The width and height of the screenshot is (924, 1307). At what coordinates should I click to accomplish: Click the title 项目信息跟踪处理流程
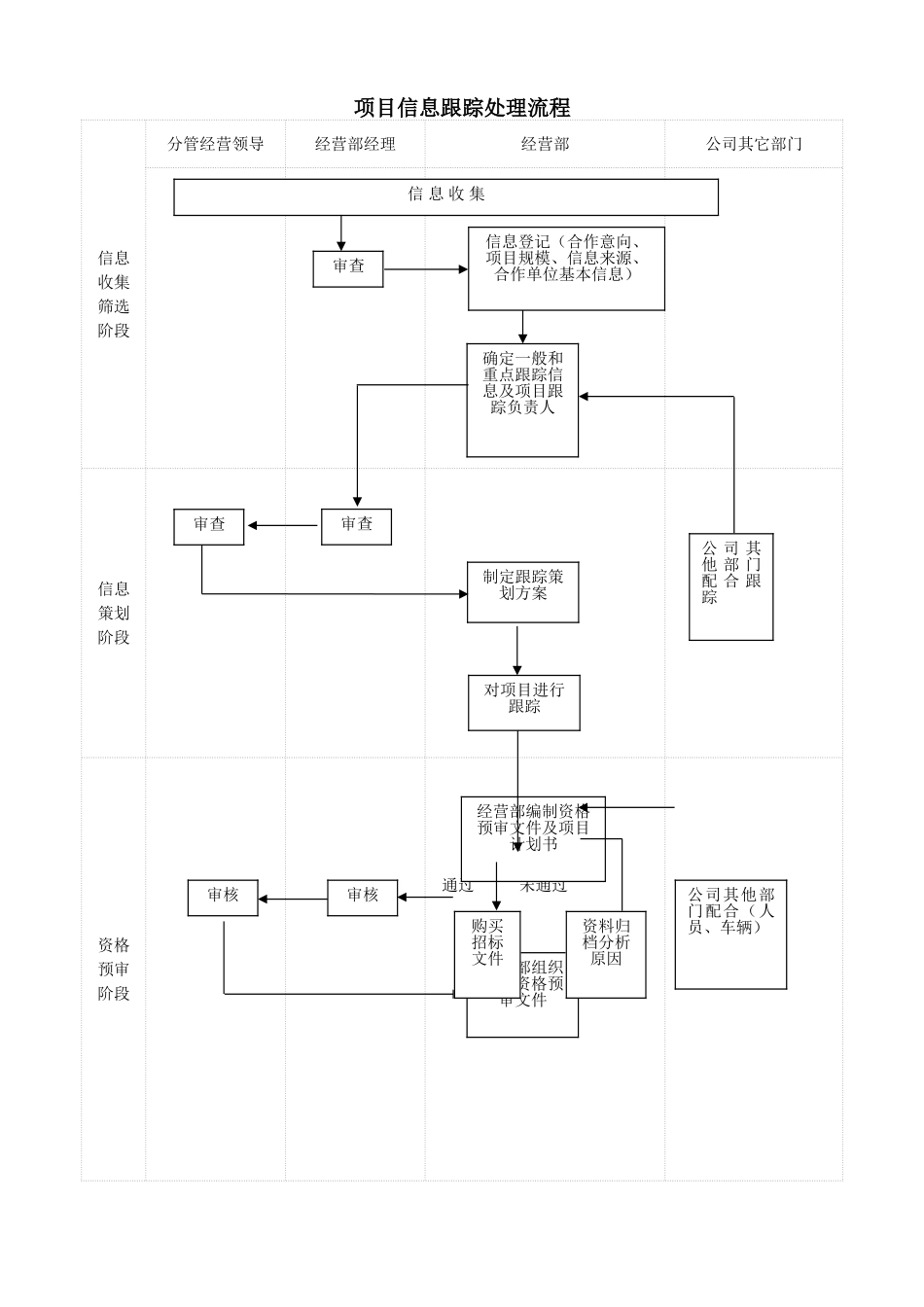(x=462, y=106)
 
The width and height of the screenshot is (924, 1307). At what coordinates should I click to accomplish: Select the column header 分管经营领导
(x=215, y=144)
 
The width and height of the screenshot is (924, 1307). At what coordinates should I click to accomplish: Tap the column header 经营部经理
(x=355, y=144)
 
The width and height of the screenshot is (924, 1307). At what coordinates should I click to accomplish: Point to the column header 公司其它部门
(x=754, y=144)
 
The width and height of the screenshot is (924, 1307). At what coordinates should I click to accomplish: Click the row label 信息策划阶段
(x=113, y=613)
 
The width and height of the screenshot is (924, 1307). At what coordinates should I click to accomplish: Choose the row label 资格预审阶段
(x=113, y=969)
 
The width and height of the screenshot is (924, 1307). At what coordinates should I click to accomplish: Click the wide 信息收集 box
(x=445, y=196)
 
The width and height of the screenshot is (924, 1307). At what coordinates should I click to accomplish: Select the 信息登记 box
(x=566, y=268)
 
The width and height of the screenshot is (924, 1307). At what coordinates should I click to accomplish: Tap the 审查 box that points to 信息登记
(x=348, y=268)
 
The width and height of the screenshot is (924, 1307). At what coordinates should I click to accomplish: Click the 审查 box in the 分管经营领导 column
(x=209, y=526)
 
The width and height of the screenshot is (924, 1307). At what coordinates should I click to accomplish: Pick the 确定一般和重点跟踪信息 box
(x=522, y=400)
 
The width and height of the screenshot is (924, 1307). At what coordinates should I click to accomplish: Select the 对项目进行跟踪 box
(x=523, y=702)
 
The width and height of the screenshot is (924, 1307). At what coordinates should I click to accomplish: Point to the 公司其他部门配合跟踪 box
(x=730, y=586)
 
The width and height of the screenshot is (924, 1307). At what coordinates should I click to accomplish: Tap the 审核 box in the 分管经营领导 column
(x=223, y=898)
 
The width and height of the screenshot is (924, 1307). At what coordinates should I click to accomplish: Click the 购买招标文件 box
(x=486, y=954)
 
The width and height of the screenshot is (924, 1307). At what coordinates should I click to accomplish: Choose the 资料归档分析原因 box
(x=606, y=954)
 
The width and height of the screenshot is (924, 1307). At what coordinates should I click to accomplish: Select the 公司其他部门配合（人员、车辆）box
(x=730, y=935)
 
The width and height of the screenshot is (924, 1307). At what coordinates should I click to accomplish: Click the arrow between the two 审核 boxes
(x=293, y=899)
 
